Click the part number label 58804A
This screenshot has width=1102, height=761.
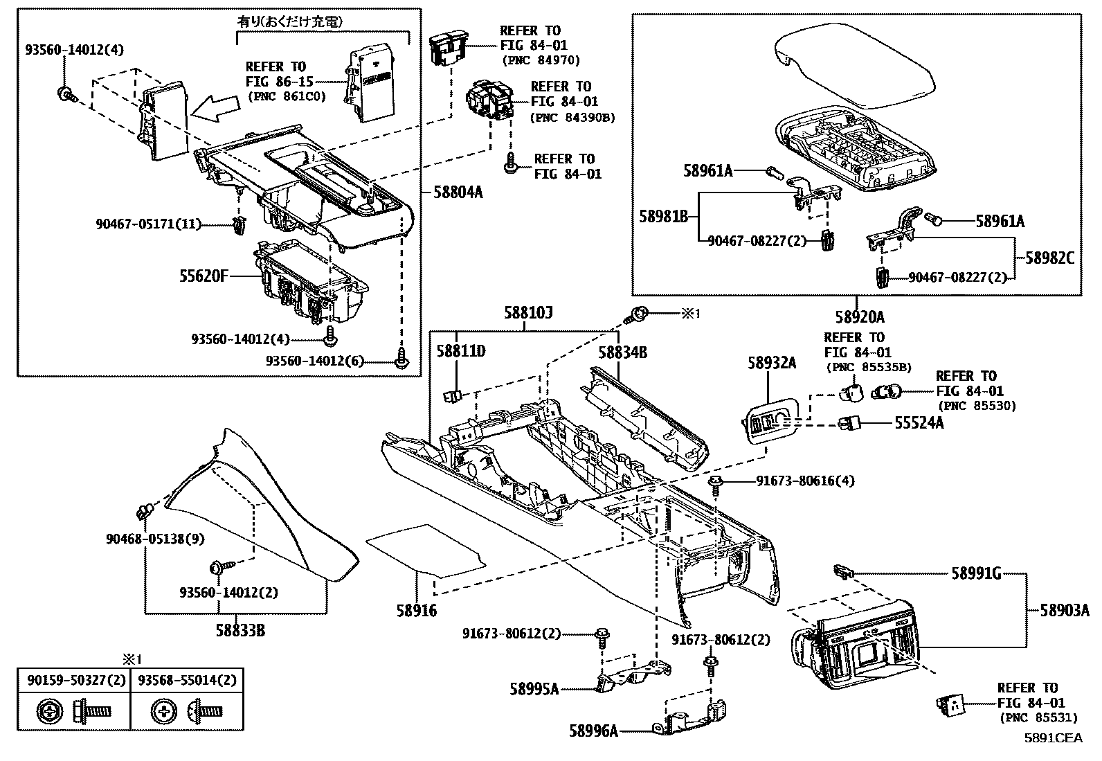coord(458,192)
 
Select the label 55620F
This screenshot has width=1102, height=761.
coord(204,276)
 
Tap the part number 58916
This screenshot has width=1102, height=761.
coord(417,611)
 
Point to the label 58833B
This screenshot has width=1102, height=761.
coord(240,631)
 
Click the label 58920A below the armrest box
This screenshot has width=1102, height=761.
coord(859,317)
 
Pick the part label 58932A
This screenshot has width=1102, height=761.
coord(771,362)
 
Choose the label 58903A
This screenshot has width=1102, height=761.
coord(1064,611)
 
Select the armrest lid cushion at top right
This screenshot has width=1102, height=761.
coord(855,66)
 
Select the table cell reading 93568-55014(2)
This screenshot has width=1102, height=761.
coord(187,680)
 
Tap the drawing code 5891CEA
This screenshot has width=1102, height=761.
coord(1053,737)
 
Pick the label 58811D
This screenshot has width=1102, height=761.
coord(460,352)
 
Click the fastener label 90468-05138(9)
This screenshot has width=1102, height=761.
coord(145,538)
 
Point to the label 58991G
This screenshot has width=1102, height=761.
coord(976,573)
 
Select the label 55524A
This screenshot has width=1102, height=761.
coord(919,422)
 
